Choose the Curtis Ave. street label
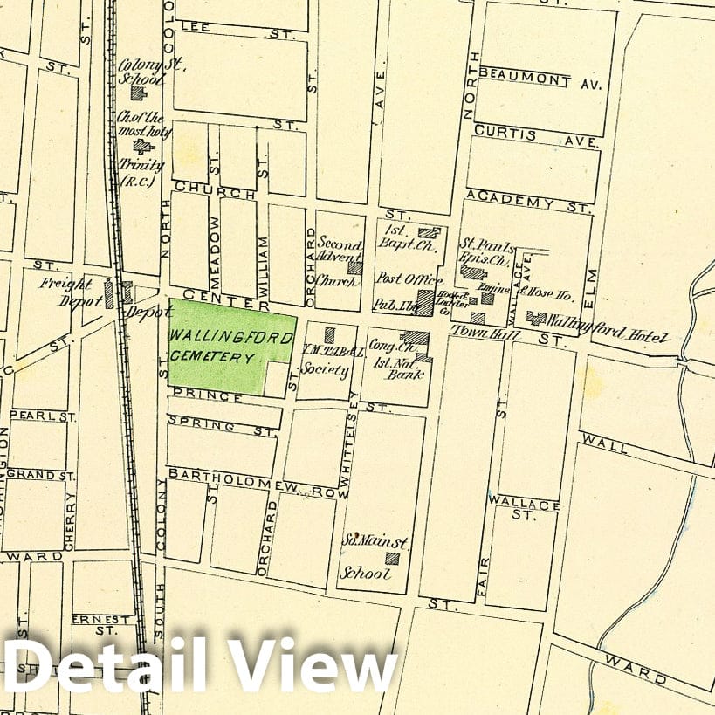pos(536,135)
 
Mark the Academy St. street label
pos(529,203)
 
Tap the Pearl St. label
pos(44,416)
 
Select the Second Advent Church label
pos(338,261)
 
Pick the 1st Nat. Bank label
pos(400,374)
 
